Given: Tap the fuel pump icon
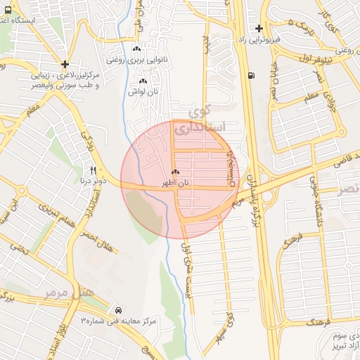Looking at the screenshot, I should pyautogui.click(x=251, y=76).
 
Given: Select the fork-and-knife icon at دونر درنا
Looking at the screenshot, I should pyautogui.click(x=93, y=170).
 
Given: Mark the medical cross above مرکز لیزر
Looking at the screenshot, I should pyautogui.click(x=65, y=63).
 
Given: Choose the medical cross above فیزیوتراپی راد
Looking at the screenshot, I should pyautogui.click(x=259, y=29).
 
